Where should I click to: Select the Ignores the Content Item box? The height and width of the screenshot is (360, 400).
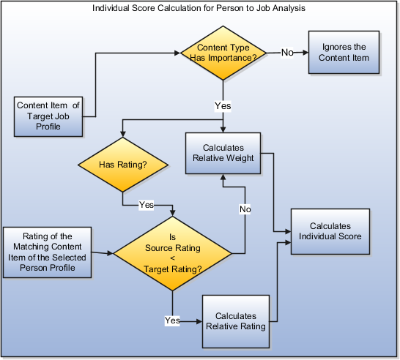pyautogui.click(x=344, y=52)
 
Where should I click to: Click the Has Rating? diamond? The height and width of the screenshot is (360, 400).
pyautogui.click(x=122, y=166)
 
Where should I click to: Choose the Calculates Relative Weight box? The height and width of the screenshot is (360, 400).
pyautogui.click(x=223, y=153)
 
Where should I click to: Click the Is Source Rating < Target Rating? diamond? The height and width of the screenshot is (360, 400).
pyautogui.click(x=172, y=253)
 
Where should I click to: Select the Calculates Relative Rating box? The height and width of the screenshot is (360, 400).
pyautogui.click(x=234, y=320)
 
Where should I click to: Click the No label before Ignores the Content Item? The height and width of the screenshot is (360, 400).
pyautogui.click(x=289, y=53)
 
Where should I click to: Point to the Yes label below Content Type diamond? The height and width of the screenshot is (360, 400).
pyautogui.click(x=223, y=106)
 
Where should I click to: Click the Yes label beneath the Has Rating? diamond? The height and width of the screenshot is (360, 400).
pyautogui.click(x=147, y=205)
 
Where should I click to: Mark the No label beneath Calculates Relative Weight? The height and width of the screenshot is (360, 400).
pyautogui.click(x=245, y=209)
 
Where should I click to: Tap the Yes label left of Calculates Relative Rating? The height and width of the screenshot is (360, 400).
pyautogui.click(x=172, y=320)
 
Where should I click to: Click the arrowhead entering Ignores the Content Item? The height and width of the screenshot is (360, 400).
pyautogui.click(x=304, y=53)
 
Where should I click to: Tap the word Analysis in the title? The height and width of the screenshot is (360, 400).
pyautogui.click(x=288, y=9)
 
